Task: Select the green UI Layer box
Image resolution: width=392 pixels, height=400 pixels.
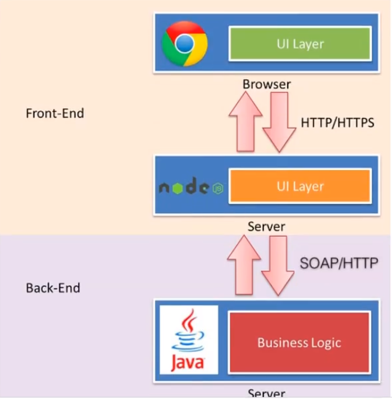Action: coord(300,44)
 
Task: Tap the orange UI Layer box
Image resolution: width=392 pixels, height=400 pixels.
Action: coord(300,186)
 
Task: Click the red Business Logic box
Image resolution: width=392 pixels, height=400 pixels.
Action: coord(299,342)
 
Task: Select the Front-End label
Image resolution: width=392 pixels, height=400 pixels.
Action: coord(55,114)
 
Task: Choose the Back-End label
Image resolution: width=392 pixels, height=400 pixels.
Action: coord(53,288)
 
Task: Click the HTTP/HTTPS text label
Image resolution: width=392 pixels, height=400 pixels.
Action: coord(337,123)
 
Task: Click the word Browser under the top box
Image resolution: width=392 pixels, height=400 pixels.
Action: coord(266,84)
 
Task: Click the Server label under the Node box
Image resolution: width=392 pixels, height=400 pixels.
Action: coord(266,227)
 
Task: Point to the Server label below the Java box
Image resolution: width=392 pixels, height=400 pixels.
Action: coord(266,394)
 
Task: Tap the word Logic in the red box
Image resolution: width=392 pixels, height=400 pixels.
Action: coord(323,342)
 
